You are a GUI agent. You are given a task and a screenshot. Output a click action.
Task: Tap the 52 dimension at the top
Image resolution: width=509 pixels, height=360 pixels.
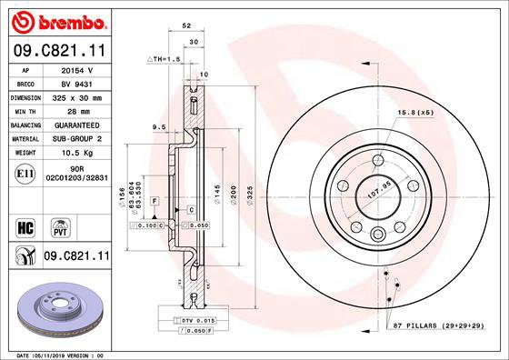(185, 27)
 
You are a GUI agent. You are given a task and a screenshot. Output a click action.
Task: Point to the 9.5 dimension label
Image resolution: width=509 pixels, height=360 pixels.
(159, 126)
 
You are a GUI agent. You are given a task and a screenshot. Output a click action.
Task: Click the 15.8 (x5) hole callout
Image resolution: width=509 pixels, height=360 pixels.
(414, 112)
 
